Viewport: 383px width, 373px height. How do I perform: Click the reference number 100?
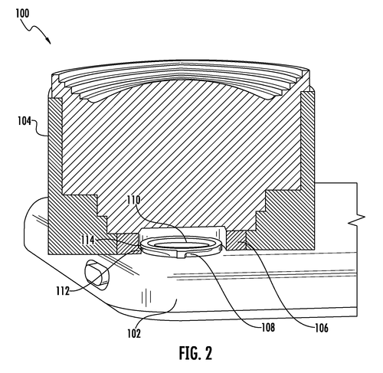point(22,13)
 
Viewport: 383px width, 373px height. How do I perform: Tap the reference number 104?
point(25,121)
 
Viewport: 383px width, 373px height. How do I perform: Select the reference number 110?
point(134,200)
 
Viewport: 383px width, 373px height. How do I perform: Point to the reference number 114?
point(88,240)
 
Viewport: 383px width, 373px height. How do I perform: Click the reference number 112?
point(63,291)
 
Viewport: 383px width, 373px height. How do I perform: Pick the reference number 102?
point(134,333)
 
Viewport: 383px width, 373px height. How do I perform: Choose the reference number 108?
point(268,327)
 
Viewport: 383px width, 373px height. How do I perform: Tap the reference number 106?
point(322,328)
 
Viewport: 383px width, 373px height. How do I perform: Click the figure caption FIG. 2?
point(195,353)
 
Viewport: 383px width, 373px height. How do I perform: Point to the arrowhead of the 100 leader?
point(49,41)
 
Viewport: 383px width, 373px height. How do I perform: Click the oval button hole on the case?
point(97,275)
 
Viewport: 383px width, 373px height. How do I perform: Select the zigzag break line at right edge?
point(357,220)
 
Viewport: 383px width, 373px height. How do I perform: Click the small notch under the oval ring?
point(181,256)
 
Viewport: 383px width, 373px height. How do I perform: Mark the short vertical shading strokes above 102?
point(146,297)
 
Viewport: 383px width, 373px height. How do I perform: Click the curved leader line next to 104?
point(40,128)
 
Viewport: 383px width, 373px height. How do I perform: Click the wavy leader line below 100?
point(34,28)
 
